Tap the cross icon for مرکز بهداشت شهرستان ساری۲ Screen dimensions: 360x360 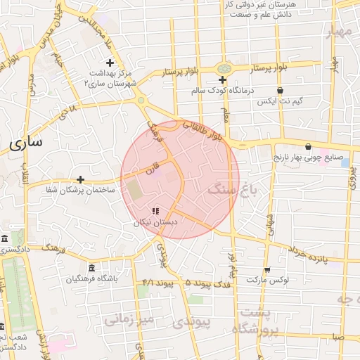[x=110, y=63]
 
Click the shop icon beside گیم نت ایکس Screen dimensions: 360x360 [x=280, y=90]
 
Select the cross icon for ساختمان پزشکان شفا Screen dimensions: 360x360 [x=80, y=179]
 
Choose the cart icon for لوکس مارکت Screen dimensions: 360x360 [x=266, y=269]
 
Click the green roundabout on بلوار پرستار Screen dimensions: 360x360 [x=224, y=68]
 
